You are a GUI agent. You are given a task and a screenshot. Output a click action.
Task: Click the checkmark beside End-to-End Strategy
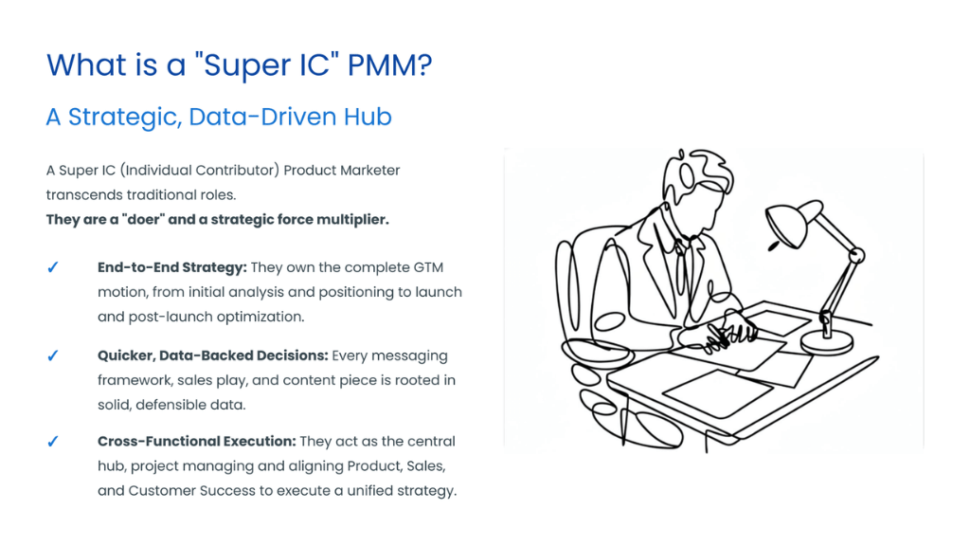pyautogui.click(x=53, y=268)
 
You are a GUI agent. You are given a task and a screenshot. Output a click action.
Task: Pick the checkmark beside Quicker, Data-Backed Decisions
pyautogui.click(x=53, y=356)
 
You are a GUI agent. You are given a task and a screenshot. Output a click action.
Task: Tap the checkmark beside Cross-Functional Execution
pyautogui.click(x=53, y=442)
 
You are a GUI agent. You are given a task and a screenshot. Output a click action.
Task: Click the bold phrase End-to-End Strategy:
pyautogui.click(x=172, y=268)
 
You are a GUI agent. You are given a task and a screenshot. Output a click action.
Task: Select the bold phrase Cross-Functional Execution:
pyautogui.click(x=197, y=442)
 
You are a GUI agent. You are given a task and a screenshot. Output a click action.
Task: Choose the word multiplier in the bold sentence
pyautogui.click(x=352, y=220)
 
